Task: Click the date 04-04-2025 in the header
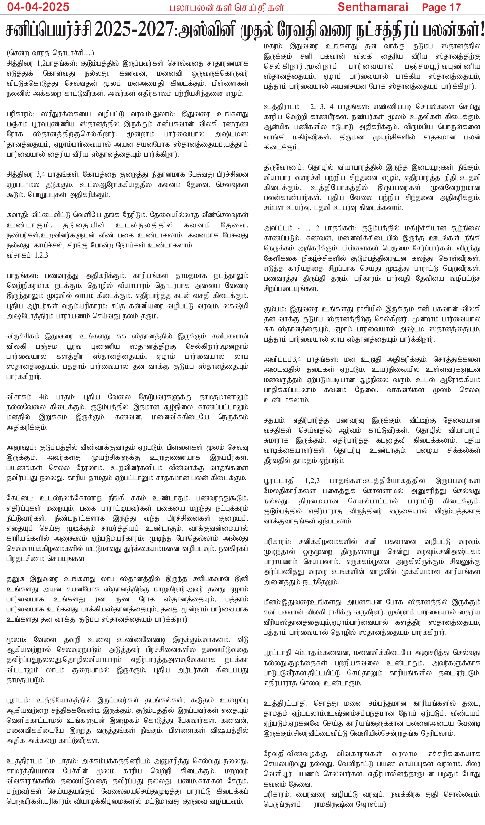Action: [38, 7]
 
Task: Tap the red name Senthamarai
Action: [373, 7]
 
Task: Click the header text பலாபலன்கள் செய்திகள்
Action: [226, 8]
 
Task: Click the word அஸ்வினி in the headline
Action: [209, 30]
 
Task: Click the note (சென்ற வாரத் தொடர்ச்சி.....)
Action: [50, 53]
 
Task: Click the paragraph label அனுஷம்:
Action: [22, 447]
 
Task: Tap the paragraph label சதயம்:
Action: [275, 420]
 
